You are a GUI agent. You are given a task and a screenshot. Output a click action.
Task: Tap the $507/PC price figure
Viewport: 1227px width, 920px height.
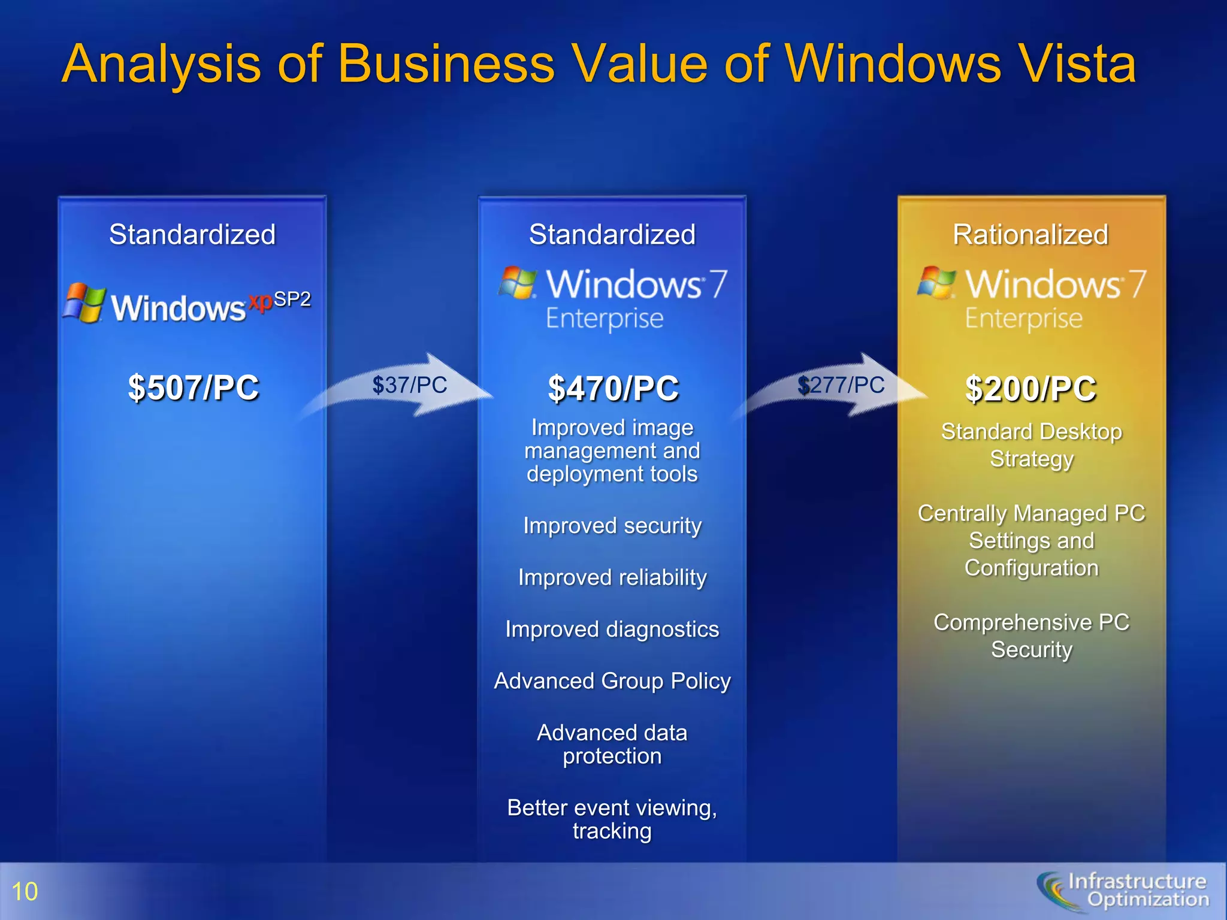193,388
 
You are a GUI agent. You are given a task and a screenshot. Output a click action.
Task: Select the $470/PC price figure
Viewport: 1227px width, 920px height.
613,388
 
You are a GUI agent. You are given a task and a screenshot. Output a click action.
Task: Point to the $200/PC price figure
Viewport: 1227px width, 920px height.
1030,389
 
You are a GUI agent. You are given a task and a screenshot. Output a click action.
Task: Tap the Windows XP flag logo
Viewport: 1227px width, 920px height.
85,303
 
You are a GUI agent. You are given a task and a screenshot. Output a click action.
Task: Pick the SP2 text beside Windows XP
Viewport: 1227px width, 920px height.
292,299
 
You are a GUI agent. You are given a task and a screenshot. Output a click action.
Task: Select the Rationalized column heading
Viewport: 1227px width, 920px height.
1030,234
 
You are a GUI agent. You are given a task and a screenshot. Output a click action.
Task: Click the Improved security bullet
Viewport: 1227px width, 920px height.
612,525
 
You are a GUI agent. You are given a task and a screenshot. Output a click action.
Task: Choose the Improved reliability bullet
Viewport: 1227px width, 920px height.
612,577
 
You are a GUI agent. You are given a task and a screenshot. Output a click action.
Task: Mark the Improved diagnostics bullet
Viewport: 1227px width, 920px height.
612,629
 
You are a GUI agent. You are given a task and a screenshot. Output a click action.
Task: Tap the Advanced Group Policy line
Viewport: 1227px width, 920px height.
612,681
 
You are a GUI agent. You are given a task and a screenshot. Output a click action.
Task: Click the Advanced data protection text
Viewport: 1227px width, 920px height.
612,745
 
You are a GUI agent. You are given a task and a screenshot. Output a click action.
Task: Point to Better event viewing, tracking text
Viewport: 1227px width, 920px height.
612,819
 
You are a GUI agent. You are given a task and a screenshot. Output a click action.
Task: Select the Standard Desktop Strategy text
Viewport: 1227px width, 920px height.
1031,445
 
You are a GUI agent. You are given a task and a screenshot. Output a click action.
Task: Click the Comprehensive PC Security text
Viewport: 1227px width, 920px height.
1031,635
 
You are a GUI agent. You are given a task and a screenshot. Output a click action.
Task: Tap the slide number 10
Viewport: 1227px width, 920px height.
25,891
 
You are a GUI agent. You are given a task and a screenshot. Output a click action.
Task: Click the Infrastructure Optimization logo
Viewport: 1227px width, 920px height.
1123,891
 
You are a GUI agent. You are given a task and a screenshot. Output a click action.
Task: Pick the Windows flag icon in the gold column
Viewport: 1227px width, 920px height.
936,282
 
